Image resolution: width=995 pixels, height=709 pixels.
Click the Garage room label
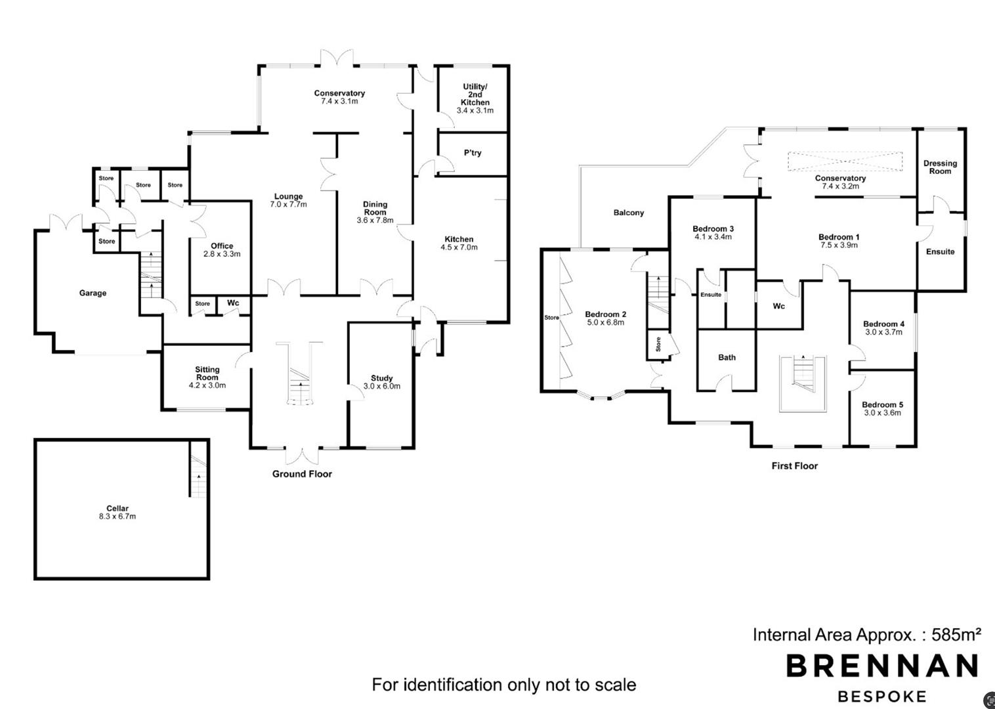[x=93, y=293]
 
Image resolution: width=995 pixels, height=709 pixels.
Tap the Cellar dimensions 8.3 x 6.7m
[x=117, y=516]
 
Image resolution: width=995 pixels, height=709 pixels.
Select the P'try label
[x=473, y=153]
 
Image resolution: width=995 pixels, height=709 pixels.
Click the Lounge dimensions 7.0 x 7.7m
[x=288, y=204]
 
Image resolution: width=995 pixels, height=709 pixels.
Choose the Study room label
[x=382, y=378]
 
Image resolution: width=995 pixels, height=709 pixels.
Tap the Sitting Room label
[x=207, y=373]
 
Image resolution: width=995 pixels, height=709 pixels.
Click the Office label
[x=222, y=246]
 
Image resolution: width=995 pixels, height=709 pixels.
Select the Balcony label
[x=629, y=213]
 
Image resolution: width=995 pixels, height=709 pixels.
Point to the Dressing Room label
[x=940, y=167]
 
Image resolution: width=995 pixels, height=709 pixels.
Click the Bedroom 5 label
[x=882, y=404]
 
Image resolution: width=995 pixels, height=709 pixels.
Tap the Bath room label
[x=727, y=357]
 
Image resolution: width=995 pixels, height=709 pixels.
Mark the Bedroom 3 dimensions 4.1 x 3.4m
[x=713, y=237]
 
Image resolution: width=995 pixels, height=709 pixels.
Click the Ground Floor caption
[x=302, y=474]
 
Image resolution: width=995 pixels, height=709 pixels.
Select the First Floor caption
[x=795, y=466]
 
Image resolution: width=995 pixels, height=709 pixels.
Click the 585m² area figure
[x=956, y=634]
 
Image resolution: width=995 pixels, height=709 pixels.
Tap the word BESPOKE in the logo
[x=882, y=696]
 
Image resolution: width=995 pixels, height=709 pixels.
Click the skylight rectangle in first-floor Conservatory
[x=845, y=161]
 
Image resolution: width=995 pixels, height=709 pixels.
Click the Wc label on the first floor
[x=778, y=306]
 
